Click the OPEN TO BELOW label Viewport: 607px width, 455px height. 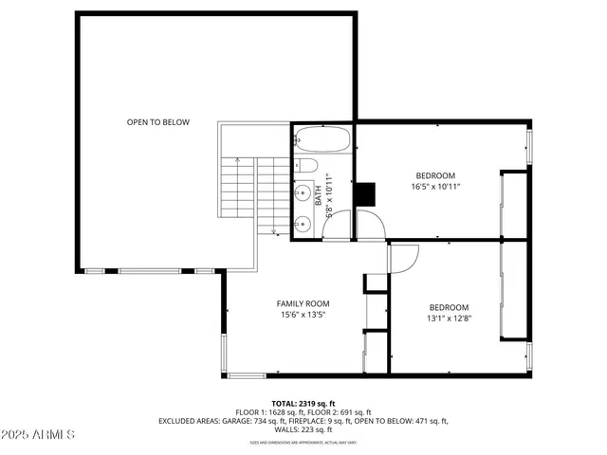[x=158, y=122]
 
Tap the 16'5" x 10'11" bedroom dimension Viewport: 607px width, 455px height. [x=435, y=188]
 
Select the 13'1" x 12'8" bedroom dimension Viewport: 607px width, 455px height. [x=449, y=318]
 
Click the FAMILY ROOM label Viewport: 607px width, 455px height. [x=303, y=303]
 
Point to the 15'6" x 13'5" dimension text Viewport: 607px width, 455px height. [x=303, y=316]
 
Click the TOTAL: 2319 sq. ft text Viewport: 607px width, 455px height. [x=303, y=403]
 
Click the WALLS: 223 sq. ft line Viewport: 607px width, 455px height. [x=303, y=429]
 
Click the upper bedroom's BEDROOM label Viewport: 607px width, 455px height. [x=435, y=175]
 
